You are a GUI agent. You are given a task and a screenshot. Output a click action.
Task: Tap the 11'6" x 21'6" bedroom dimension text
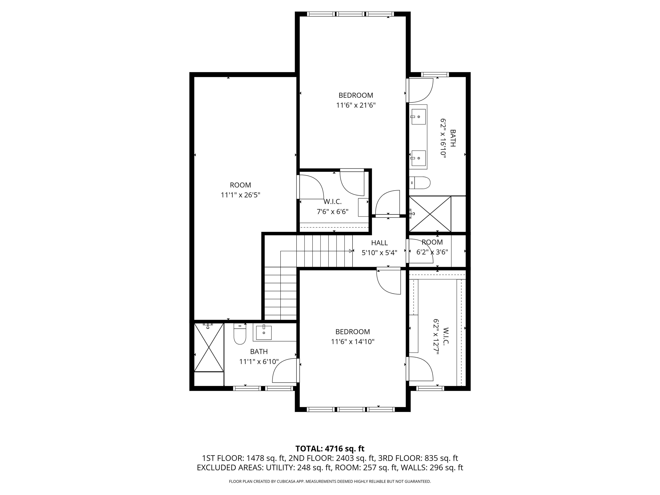click(356, 105)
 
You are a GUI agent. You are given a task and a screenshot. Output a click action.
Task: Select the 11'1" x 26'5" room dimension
click(240, 195)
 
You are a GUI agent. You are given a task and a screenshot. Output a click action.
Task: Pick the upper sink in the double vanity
click(418, 117)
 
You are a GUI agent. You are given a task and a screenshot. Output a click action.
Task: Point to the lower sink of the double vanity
click(418, 158)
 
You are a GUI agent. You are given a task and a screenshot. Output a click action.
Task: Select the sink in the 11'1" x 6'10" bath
click(264, 333)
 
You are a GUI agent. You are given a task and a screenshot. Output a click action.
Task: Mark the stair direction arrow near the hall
click(351, 251)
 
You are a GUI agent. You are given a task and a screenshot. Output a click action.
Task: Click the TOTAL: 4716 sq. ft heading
click(330, 448)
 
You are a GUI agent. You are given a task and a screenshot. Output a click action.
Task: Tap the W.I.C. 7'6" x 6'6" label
click(332, 207)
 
